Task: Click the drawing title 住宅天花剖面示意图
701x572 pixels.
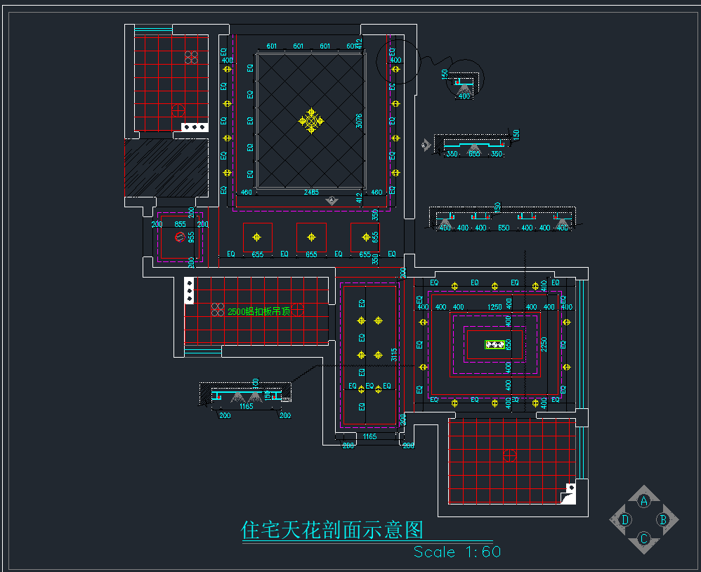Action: click(x=332, y=530)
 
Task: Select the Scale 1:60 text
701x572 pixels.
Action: click(x=457, y=552)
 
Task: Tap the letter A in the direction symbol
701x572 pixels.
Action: click(x=643, y=501)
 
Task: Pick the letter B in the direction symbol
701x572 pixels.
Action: click(x=662, y=520)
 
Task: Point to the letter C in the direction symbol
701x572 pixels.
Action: click(x=643, y=539)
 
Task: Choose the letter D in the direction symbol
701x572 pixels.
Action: click(x=625, y=520)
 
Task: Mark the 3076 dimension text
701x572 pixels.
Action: click(x=359, y=121)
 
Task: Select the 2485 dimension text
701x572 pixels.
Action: click(x=311, y=192)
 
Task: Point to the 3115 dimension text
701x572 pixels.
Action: click(x=395, y=355)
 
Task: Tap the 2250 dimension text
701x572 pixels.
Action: click(x=544, y=344)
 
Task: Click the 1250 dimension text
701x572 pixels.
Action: click(x=494, y=307)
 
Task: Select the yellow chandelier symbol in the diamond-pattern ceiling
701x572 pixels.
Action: click(x=312, y=121)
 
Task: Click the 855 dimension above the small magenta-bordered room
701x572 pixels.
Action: click(x=180, y=224)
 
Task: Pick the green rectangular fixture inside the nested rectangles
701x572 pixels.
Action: click(x=496, y=344)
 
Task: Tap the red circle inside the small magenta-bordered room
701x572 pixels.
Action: click(x=180, y=237)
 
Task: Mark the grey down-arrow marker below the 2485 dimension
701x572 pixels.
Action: click(x=332, y=201)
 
